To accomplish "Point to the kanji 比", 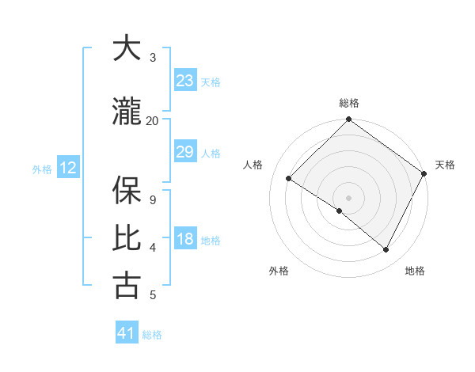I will click(127, 238).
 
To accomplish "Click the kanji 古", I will click(127, 286).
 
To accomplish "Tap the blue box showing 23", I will click(185, 81).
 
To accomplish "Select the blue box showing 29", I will click(185, 152).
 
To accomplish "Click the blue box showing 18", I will click(185, 239).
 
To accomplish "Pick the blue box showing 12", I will click(68, 168).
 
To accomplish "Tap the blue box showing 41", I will click(127, 333).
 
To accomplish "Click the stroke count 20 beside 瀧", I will click(152, 120).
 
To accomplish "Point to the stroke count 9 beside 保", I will click(152, 199).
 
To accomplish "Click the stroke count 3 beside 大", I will click(152, 57).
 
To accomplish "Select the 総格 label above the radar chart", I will click(348, 103).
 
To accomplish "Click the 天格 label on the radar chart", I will click(445, 165).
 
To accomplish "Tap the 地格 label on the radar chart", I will click(415, 271).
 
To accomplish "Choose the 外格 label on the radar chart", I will click(279, 271).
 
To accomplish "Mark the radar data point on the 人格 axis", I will click(289, 178).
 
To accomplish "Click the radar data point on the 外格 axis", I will click(340, 211).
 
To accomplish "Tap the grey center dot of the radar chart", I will click(348, 197).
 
